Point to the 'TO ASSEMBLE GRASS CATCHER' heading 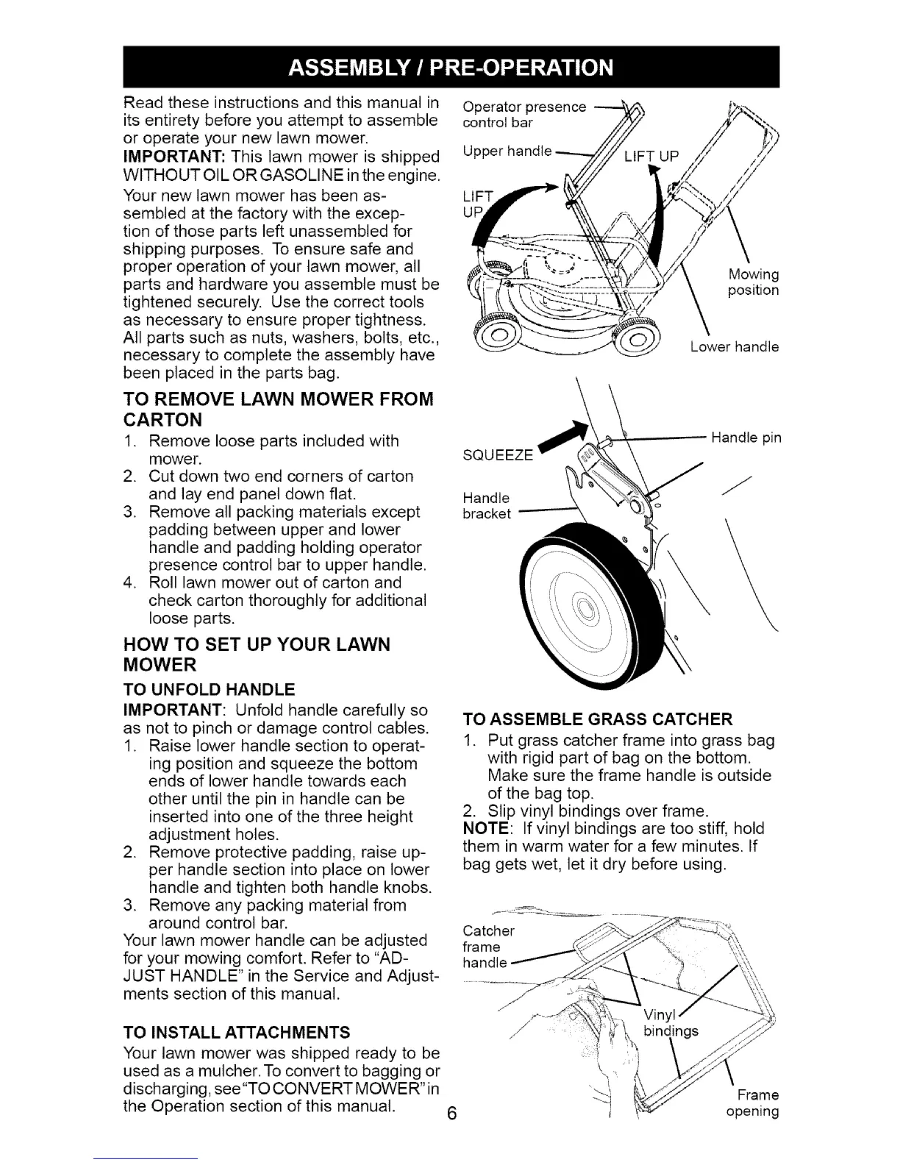pyautogui.click(x=597, y=719)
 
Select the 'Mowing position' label pyautogui.click(x=752, y=282)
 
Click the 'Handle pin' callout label pyautogui.click(x=746, y=438)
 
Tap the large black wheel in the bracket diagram pyautogui.click(x=581, y=607)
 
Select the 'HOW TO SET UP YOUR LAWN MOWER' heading pyautogui.click(x=256, y=655)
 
